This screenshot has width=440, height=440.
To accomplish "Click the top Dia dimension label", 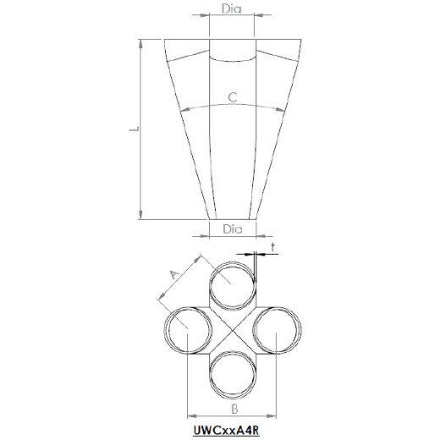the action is [232, 8].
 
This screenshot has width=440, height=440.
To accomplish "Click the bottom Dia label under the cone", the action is [233, 229].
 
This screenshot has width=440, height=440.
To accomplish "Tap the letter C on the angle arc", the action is [233, 97].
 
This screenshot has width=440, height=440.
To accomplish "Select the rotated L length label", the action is [135, 129].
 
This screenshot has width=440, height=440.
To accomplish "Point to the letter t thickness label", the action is [272, 247].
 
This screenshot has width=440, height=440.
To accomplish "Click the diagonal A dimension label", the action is [174, 274].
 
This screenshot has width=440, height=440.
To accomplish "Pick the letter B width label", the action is [234, 409].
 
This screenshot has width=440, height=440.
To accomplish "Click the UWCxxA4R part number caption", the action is [226, 430].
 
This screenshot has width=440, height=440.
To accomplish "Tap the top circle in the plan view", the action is [233, 261].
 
